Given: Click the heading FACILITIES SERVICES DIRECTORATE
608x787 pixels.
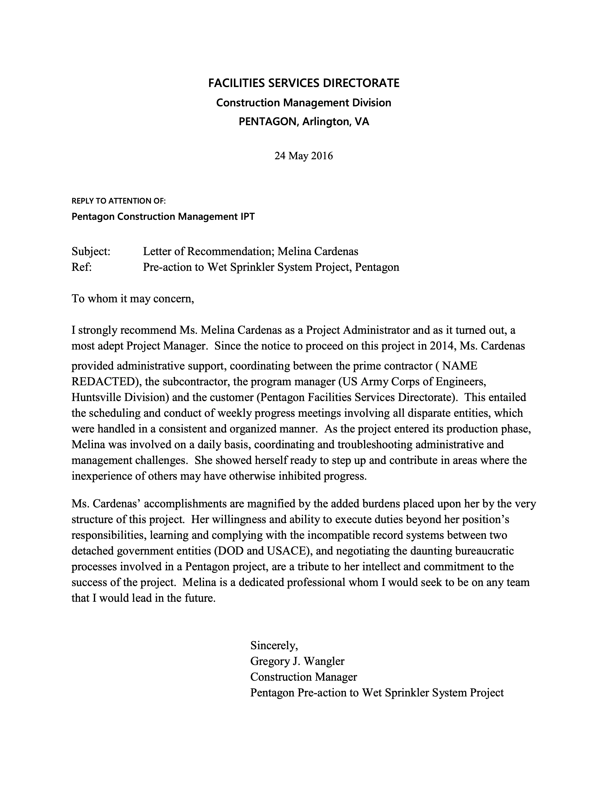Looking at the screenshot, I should pyautogui.click(x=304, y=83).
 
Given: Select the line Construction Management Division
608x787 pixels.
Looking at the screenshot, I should pyautogui.click(x=304, y=103).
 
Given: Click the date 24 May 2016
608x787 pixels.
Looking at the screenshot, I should pyautogui.click(x=304, y=156).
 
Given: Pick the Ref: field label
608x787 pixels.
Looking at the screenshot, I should pyautogui.click(x=82, y=267).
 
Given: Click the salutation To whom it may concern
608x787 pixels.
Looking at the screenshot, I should pyautogui.click(x=133, y=299).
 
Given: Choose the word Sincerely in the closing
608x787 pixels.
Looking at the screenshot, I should pyautogui.click(x=274, y=645).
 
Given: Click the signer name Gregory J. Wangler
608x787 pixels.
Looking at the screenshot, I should pyautogui.click(x=297, y=661).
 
